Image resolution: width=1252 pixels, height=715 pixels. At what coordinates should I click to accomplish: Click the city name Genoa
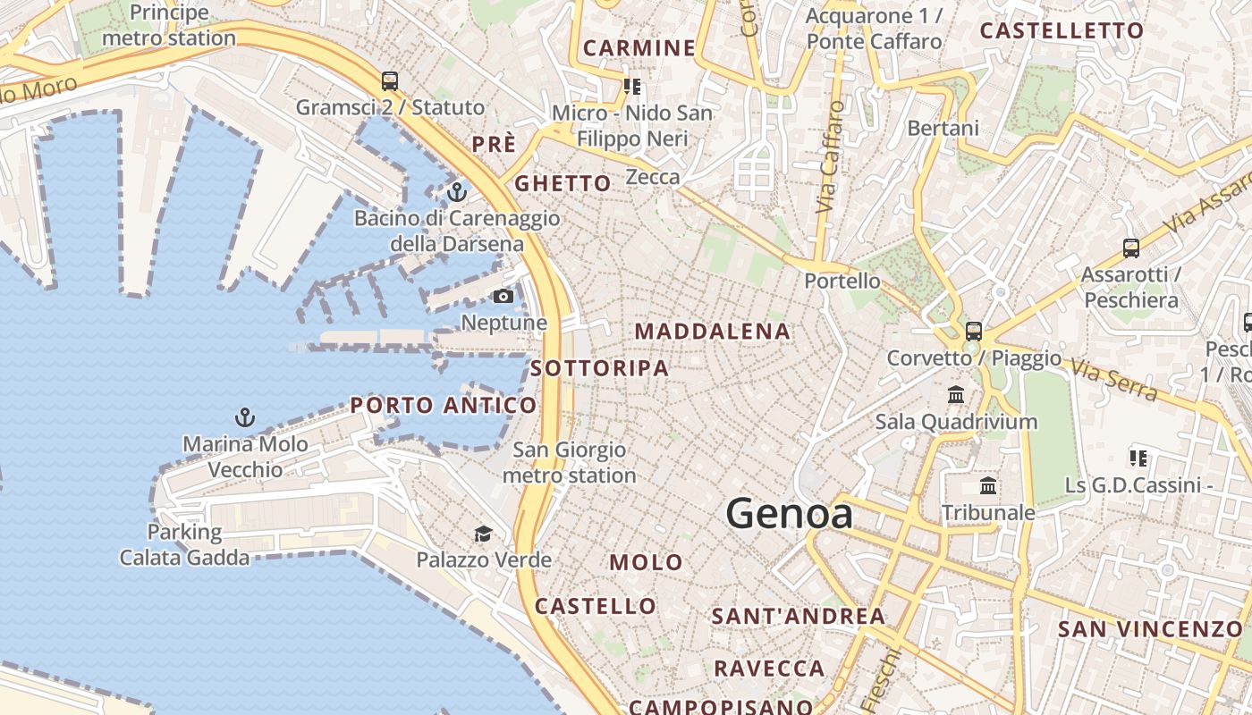[789, 514]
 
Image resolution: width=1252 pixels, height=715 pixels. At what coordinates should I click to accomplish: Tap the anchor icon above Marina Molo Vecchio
[244, 417]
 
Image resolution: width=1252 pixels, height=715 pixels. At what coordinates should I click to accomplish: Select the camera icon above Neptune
[503, 296]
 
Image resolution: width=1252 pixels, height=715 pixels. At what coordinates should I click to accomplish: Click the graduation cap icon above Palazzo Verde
[483, 534]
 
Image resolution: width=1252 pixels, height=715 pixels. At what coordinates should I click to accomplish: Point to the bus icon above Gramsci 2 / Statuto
[390, 81]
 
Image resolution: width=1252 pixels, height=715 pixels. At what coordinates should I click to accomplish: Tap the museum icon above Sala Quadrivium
[956, 394]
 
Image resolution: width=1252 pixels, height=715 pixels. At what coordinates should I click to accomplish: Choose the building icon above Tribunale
[988, 486]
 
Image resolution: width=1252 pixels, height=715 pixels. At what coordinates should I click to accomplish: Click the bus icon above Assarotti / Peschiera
[1131, 248]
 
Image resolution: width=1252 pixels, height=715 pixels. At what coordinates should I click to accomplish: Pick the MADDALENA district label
[713, 332]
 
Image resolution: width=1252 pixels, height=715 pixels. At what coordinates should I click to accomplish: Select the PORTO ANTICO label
[444, 406]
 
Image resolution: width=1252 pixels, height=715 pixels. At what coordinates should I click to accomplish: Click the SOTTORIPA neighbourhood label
[599, 368]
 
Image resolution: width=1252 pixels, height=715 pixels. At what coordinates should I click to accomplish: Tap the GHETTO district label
[563, 184]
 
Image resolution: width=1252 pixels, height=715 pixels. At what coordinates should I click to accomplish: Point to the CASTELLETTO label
[1062, 31]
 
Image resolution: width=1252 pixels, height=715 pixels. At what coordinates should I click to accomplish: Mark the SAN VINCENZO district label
[1150, 629]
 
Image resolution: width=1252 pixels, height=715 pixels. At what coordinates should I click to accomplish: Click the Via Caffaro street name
[831, 156]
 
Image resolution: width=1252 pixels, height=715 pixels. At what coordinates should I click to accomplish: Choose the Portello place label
[842, 281]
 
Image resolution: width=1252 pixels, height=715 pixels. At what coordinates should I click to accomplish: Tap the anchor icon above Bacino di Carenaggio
[457, 192]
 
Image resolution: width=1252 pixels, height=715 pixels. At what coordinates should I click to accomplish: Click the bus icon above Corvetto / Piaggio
[974, 332]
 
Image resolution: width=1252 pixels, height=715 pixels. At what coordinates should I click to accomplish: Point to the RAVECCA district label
[769, 669]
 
